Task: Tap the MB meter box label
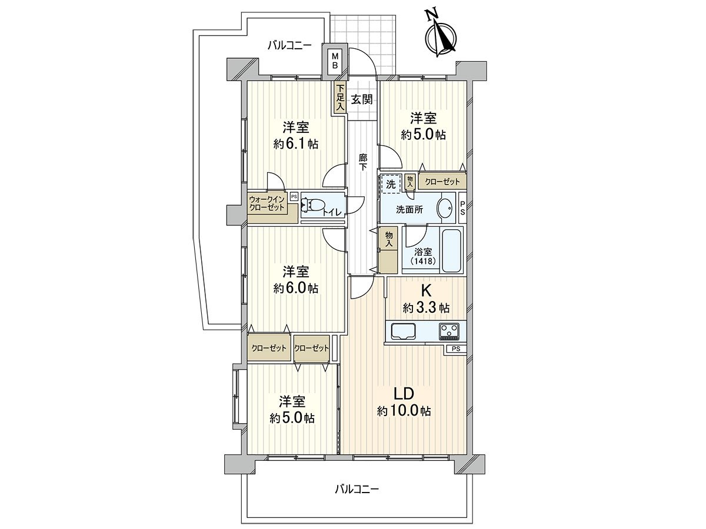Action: coord(334,61)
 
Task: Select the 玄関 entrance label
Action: coord(361,99)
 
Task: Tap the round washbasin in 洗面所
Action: coord(445,208)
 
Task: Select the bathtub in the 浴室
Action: coord(452,251)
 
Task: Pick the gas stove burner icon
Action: coord(451,332)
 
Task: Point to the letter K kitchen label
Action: coord(425,290)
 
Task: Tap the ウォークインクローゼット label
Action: coord(267,203)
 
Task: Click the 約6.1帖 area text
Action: coord(296,143)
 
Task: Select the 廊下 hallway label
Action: coord(364,162)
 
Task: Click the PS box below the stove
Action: coord(456,349)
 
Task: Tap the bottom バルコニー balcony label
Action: coord(357,488)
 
